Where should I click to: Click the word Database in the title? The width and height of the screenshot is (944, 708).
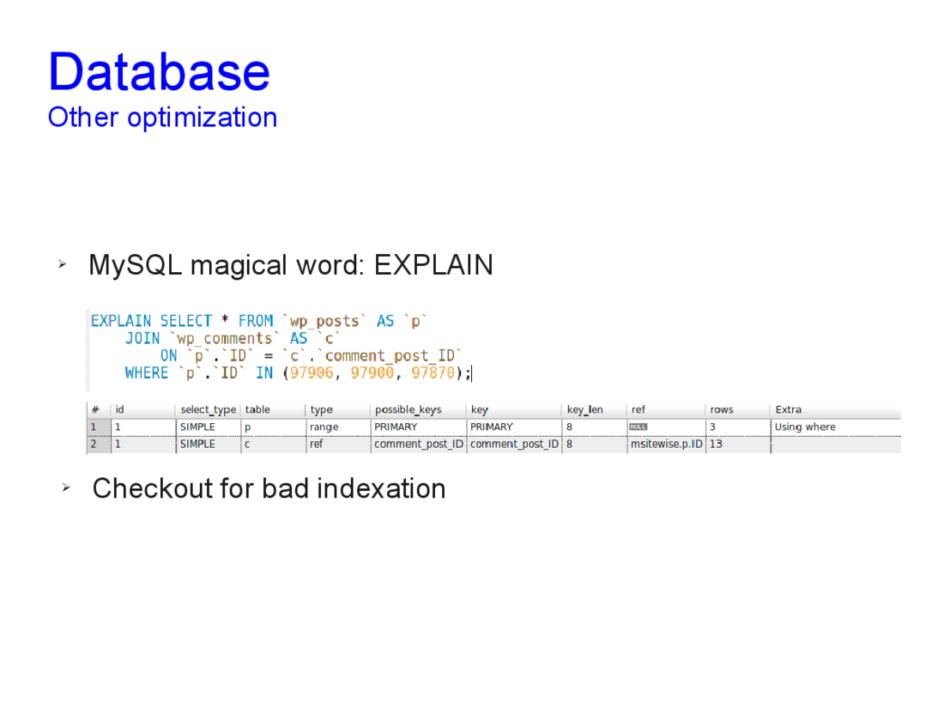click(x=160, y=71)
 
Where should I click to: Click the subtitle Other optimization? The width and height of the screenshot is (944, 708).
click(x=162, y=118)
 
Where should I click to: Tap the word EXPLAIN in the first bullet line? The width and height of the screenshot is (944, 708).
click(x=433, y=265)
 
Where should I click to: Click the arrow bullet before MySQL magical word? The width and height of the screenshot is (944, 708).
click(x=62, y=263)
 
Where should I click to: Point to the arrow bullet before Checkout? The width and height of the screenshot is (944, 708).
click(x=66, y=487)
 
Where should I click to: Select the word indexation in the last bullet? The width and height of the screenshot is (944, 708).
click(x=381, y=488)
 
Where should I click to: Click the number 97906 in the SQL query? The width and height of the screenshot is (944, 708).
click(x=312, y=373)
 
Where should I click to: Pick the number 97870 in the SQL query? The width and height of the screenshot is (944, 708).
click(x=433, y=373)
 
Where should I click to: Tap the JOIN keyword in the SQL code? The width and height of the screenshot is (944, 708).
click(x=142, y=338)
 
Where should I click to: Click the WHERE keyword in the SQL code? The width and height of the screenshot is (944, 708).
click(x=147, y=373)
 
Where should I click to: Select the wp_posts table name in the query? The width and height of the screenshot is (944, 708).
click(x=324, y=322)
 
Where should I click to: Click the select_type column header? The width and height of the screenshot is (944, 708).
click(x=209, y=409)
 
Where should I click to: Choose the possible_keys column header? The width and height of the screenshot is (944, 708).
click(x=408, y=409)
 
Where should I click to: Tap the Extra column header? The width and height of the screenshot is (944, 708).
click(x=788, y=409)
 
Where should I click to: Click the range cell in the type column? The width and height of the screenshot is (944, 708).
click(x=324, y=427)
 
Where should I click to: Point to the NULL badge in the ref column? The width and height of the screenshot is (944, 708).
click(x=638, y=427)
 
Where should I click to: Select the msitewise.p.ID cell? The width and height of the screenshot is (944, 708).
click(x=667, y=445)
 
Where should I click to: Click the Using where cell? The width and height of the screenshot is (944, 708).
click(x=805, y=427)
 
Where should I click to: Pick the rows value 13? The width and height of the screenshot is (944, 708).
click(x=716, y=445)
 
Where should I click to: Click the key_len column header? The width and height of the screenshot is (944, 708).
click(x=584, y=409)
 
